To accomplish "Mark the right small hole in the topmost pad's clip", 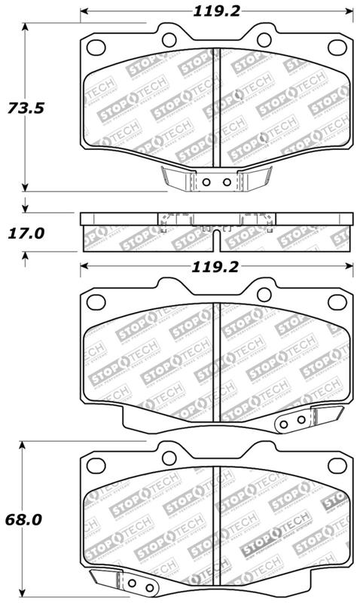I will click(226, 182).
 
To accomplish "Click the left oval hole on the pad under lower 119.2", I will click(96, 301).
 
